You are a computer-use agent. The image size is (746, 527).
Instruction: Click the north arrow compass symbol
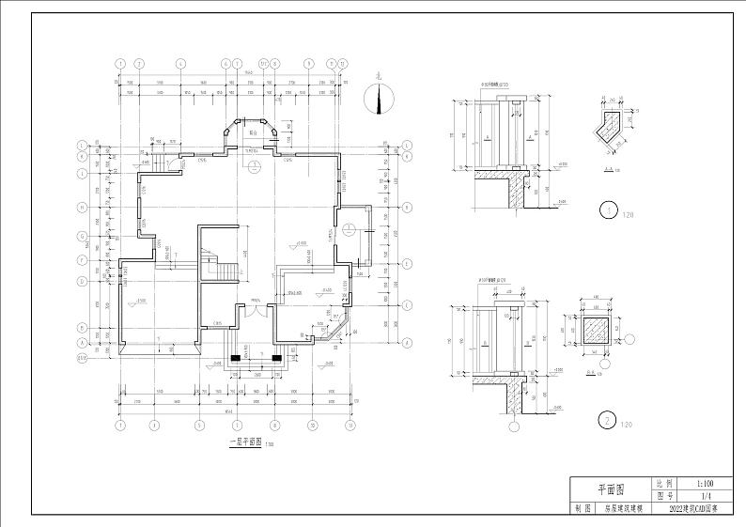click(x=381, y=97)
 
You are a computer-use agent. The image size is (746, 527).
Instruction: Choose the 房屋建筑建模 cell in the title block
click(x=623, y=507)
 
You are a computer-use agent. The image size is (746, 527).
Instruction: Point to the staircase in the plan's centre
click(x=218, y=263)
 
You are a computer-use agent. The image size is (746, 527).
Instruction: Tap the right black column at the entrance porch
click(x=276, y=357)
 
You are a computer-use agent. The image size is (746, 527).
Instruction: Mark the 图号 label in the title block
click(x=665, y=494)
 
